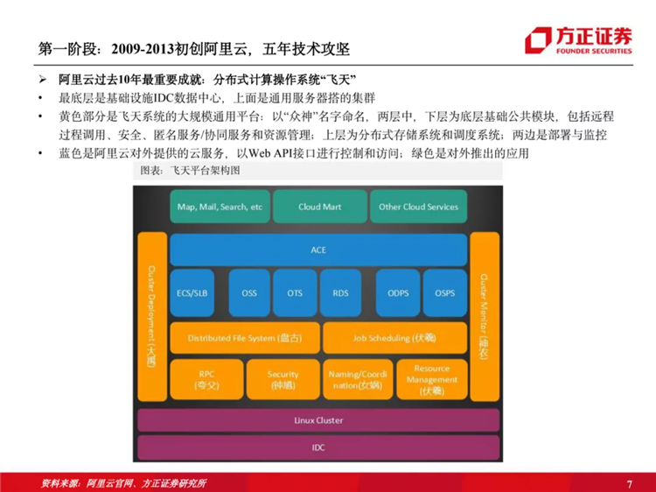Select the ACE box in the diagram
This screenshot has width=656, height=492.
(318, 250)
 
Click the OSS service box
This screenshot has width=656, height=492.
(249, 292)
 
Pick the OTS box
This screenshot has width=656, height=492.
(295, 292)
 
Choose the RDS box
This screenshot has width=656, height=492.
(340, 292)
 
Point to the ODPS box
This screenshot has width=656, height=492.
(398, 292)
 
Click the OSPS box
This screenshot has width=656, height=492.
(444, 292)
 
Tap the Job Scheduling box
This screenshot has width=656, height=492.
(394, 338)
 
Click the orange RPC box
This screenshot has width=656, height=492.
(206, 379)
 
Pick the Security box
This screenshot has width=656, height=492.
(283, 379)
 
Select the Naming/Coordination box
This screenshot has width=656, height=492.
(356, 379)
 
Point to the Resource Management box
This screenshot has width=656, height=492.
(431, 379)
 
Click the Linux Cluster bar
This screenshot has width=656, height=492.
(318, 420)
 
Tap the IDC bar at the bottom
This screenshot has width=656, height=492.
(318, 447)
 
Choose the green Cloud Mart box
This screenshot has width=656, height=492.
(320, 207)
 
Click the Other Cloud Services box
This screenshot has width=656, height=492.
(418, 207)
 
